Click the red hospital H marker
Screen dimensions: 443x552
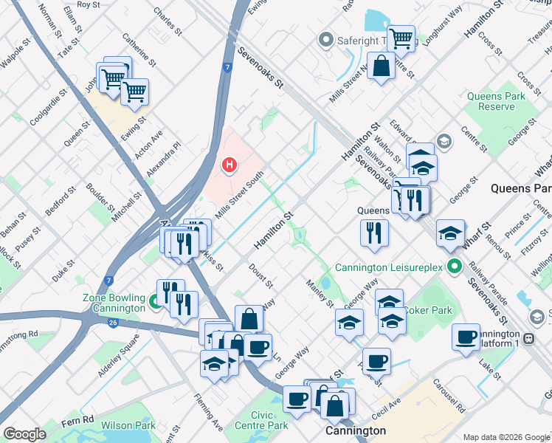click(230, 164)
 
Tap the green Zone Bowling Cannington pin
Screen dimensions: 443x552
click(154, 301)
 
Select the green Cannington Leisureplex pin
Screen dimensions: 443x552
click(455, 267)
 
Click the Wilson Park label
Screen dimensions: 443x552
click(128, 425)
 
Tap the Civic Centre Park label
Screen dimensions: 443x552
click(261, 420)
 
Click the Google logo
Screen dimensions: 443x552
click(24, 434)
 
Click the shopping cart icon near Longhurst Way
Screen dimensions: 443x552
click(401, 37)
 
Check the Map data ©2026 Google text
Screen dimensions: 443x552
click(505, 437)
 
